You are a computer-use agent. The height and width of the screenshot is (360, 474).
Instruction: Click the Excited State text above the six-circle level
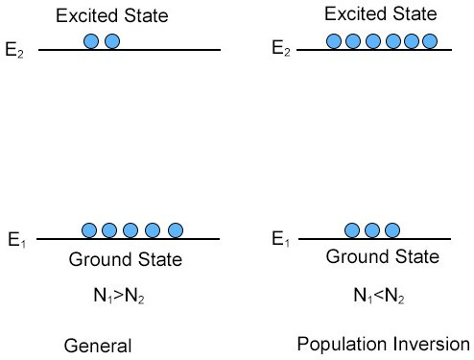pos(381,14)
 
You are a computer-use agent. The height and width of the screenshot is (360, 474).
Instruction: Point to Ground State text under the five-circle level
pos(125,259)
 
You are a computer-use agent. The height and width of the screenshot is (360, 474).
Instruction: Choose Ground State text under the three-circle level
pos(383,257)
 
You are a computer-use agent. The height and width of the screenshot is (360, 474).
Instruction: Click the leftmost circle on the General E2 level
pos(91,41)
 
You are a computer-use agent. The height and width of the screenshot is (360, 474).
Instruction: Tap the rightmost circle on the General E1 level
pos(175,230)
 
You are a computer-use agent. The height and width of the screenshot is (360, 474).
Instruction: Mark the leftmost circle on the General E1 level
pos(89,230)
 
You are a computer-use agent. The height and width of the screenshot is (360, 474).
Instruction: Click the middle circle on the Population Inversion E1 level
pos(371,230)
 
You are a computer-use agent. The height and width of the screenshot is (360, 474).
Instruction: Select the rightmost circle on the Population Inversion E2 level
pos(429,41)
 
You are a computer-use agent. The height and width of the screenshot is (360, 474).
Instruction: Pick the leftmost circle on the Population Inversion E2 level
pos(334,41)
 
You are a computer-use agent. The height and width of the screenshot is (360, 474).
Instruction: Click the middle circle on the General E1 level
pos(131,230)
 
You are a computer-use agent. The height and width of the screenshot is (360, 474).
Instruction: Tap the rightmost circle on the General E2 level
pos(111,41)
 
